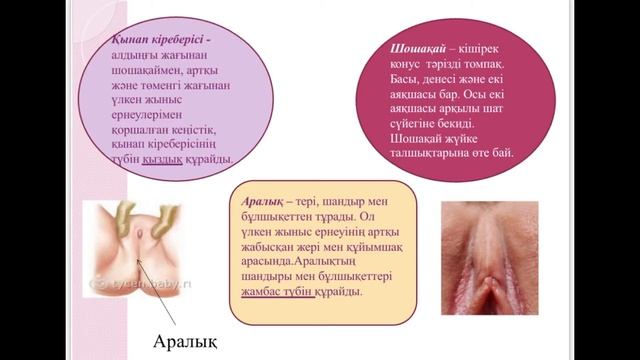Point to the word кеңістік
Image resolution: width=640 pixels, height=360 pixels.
click(209, 128)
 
